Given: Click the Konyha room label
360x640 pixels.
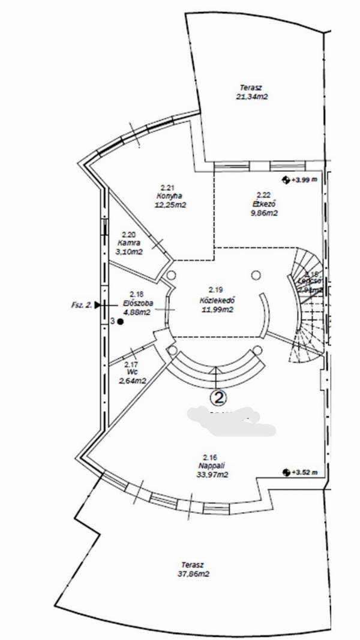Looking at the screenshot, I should tap(170, 196).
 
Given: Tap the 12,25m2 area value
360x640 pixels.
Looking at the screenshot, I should tap(170, 205).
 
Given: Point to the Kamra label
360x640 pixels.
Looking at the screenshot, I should tap(130, 243).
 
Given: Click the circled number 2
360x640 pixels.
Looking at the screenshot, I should tap(219, 397).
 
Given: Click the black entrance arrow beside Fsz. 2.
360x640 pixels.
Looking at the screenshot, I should tap(98, 305).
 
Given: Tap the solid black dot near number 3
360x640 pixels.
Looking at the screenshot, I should tap(120, 322).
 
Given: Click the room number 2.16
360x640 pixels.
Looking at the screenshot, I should tap(209, 457).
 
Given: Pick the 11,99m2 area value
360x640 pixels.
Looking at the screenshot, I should tap(217, 310).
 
